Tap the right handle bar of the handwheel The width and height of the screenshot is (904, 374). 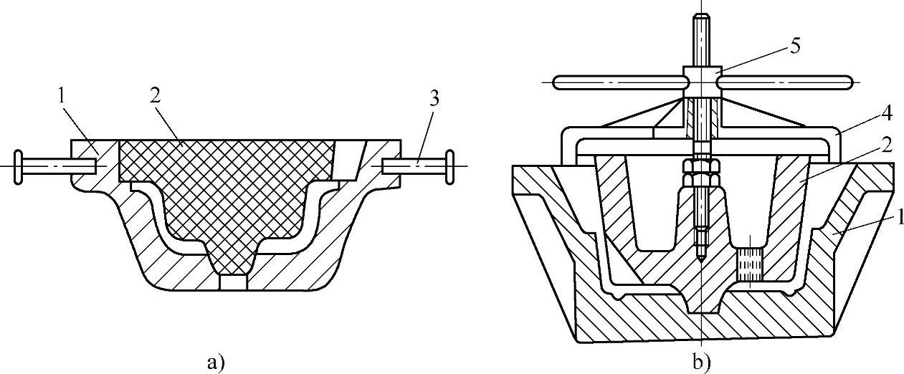[x=785, y=82]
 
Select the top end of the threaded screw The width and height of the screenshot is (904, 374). [x=700, y=21]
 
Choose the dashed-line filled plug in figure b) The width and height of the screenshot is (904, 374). [x=750, y=263]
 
